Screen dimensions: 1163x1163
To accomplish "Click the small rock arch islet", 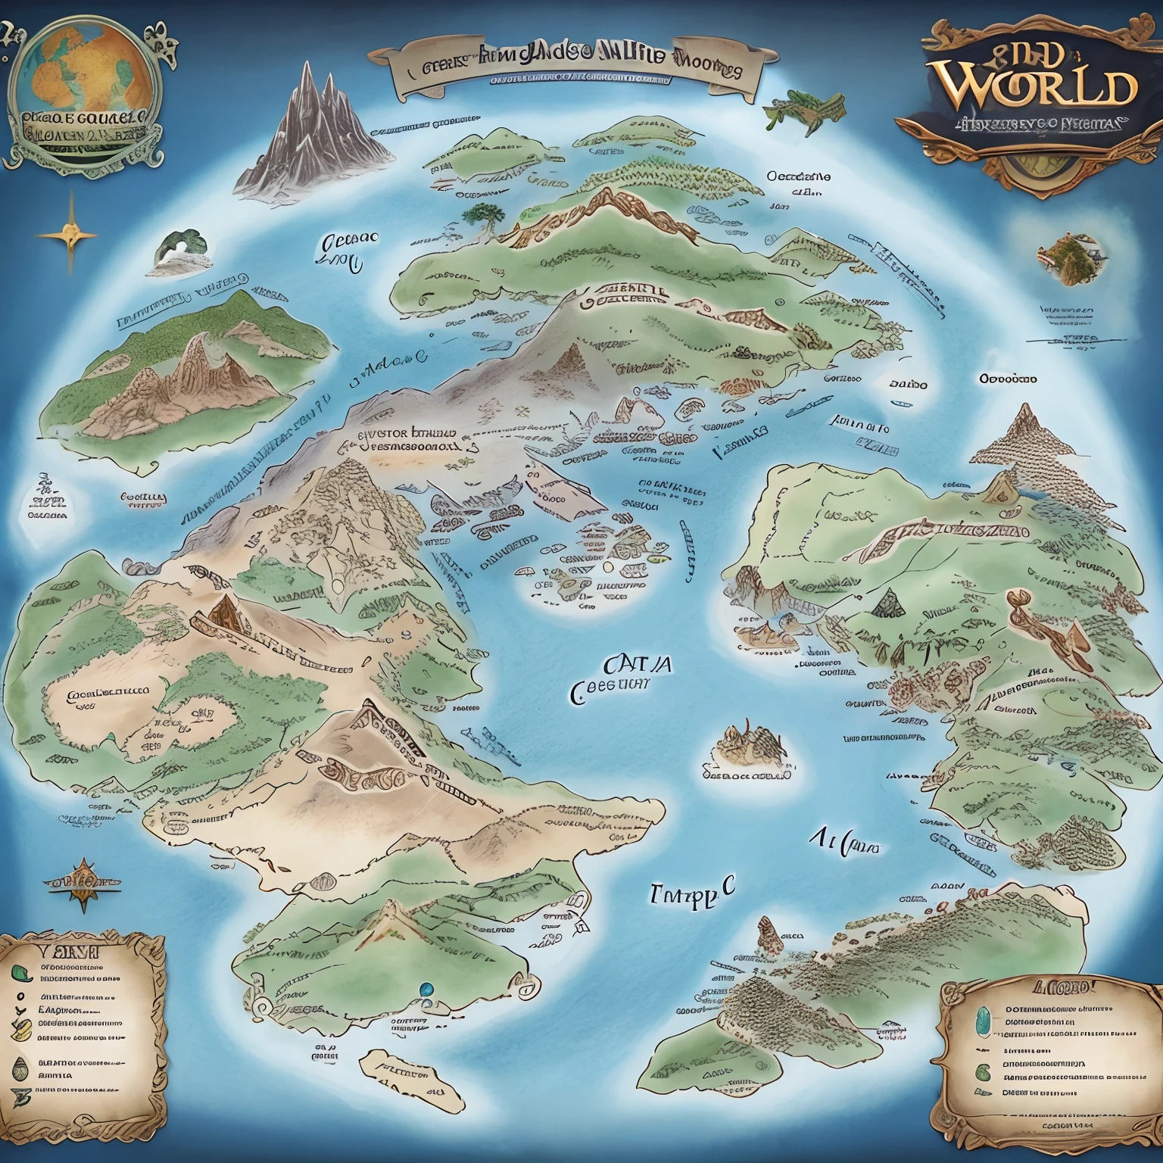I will coord(179,251).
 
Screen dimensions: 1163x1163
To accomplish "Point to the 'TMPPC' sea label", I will coord(691,893).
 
